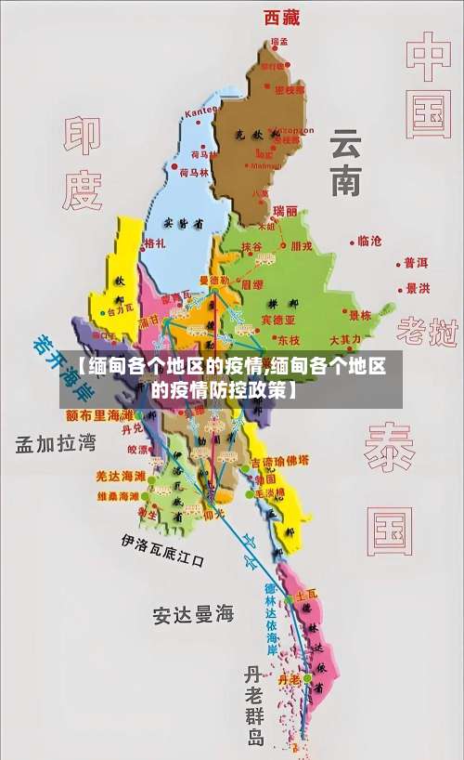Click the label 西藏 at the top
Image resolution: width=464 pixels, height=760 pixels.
click(282, 16)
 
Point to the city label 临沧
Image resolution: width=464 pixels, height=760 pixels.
click(368, 241)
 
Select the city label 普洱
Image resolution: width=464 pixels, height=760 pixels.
click(415, 264)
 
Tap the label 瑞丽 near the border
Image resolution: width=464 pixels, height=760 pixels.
click(285, 211)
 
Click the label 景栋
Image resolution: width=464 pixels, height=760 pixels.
click(359, 316)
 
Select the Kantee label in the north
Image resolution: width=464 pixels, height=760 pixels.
click(200, 112)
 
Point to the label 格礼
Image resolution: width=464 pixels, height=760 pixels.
click(154, 243)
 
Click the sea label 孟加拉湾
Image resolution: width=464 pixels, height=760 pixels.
click(56, 443)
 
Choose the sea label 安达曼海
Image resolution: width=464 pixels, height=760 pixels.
click(194, 614)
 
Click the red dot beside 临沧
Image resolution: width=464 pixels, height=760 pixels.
click(353, 241)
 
